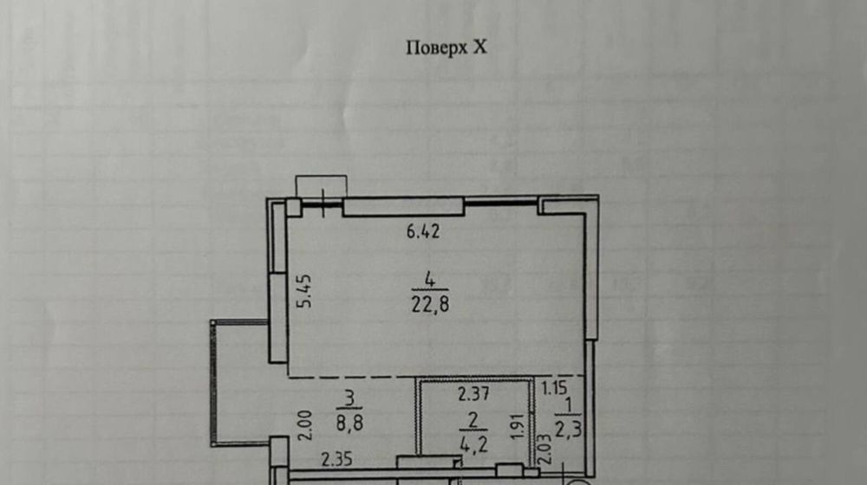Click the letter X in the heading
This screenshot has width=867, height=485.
coord(480,48)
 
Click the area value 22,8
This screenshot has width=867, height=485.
coord(431,304)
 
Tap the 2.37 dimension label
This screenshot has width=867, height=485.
coord(473,396)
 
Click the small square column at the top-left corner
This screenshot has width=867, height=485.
coord(294,208)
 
